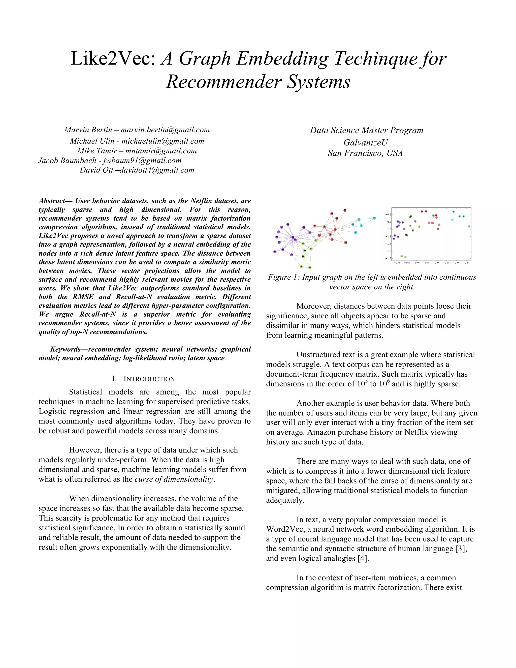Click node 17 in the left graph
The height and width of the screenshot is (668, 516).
[x=374, y=218]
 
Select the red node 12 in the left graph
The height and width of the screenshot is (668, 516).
[x=345, y=210]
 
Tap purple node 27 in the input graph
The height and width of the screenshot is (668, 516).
[x=275, y=252]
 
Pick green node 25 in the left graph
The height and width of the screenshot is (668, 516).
[x=310, y=268]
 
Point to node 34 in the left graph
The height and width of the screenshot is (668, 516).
[x=295, y=240]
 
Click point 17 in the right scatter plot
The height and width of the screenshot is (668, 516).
[x=469, y=226]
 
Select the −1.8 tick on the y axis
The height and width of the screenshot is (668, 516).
[x=388, y=258]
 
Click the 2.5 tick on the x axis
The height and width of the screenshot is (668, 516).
[x=467, y=263]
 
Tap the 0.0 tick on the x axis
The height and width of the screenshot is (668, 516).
[x=417, y=263]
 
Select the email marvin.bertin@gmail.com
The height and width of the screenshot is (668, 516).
[x=165, y=130]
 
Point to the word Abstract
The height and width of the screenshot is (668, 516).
[x=51, y=201]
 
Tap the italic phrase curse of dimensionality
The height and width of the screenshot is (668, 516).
[x=175, y=479]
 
